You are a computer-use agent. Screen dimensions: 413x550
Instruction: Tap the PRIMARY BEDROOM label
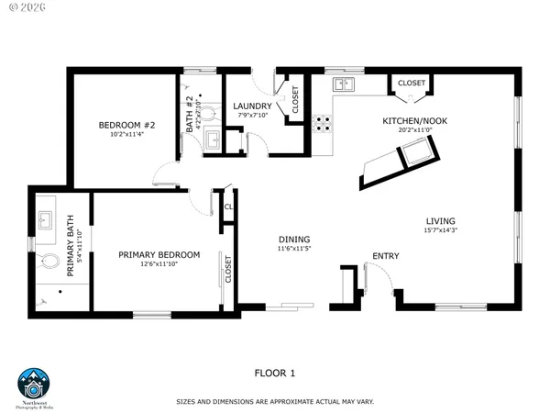159,254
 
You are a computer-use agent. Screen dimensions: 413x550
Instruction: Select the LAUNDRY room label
252,106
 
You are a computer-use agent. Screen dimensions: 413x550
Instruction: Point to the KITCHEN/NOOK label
409,121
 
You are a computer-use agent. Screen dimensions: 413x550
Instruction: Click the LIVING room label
440,221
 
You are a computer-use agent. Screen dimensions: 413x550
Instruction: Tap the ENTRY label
385,256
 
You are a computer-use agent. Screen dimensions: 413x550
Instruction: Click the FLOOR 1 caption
274,373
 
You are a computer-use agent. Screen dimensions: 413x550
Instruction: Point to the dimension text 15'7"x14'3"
440,231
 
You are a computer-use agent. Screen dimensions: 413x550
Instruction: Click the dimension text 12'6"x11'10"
159,264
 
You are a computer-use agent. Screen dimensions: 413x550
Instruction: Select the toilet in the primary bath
49,262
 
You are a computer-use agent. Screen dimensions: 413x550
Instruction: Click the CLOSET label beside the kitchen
412,84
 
